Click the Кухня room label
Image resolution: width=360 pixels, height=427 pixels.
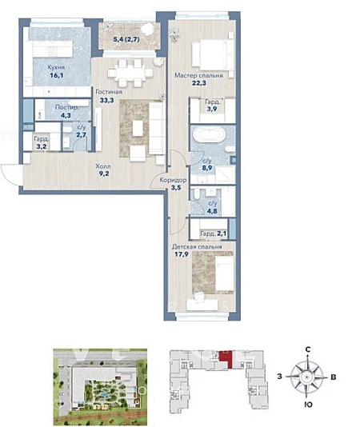coord(56,67)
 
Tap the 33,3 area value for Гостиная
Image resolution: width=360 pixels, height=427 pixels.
coord(106,100)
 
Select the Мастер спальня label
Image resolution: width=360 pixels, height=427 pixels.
coord(198,75)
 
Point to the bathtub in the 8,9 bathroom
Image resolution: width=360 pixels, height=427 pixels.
coord(209,135)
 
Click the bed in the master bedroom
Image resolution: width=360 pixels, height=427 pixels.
coord(213,54)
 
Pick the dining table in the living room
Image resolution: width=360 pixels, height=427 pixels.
coord(130,73)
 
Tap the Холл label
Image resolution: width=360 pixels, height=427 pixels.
coord(103,166)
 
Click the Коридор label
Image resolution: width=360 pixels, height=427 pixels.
coord(173,180)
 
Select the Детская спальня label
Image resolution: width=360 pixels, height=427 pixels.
coord(197,247)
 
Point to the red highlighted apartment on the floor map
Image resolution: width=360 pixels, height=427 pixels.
coord(226,358)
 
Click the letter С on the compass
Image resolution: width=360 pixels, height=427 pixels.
coord(308,349)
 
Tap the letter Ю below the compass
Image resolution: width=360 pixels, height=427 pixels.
coord(308,405)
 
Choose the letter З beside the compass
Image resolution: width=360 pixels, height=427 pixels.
coord(279,377)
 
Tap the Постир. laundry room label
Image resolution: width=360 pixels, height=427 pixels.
coord(66,107)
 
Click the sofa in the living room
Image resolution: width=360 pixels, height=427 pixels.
coord(156,129)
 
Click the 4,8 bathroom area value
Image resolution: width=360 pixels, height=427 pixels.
coord(212,210)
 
